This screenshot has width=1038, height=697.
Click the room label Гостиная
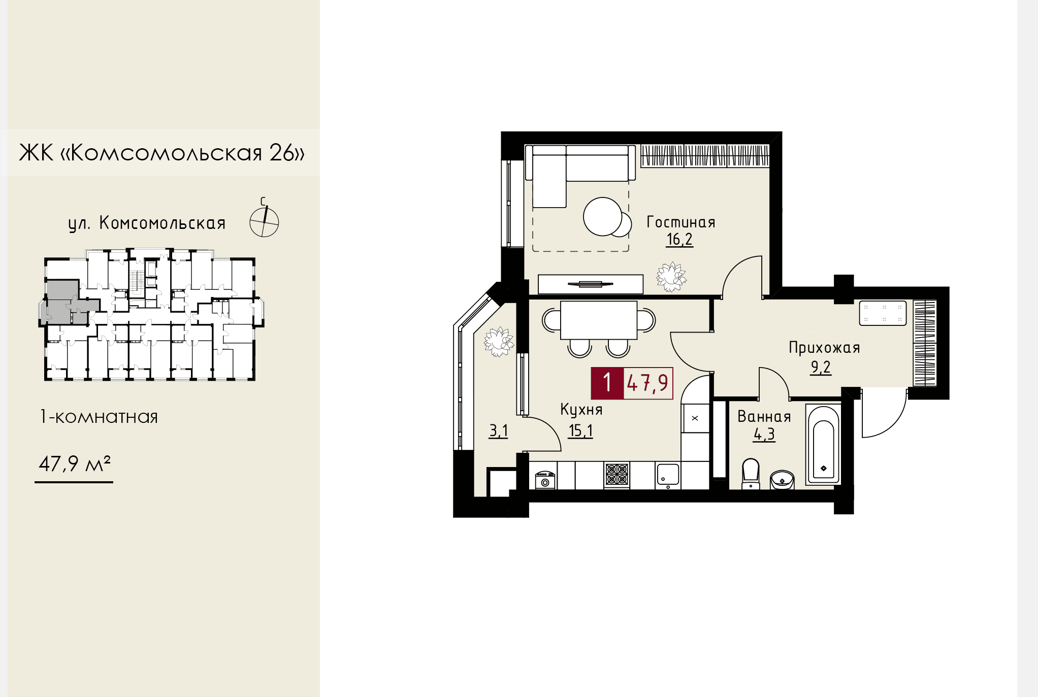(x=680, y=222)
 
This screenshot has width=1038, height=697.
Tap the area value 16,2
(x=679, y=239)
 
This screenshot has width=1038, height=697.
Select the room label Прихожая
(x=824, y=348)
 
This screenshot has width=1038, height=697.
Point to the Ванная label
(x=764, y=417)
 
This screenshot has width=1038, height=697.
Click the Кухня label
(x=581, y=410)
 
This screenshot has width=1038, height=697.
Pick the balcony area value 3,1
(x=498, y=431)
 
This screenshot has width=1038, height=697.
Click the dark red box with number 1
(x=607, y=383)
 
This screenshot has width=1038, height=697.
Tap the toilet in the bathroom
(x=751, y=474)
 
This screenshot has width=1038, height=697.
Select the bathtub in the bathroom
(x=823, y=444)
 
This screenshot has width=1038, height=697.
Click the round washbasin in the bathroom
(x=782, y=479)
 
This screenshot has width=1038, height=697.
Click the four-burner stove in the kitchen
(x=617, y=475)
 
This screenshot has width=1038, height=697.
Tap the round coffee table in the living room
(x=603, y=216)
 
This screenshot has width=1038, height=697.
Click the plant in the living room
(x=671, y=277)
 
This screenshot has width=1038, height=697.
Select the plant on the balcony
(x=499, y=342)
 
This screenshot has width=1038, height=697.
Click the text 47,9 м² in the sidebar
(x=75, y=463)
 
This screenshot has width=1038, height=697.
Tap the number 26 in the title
(x=282, y=152)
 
